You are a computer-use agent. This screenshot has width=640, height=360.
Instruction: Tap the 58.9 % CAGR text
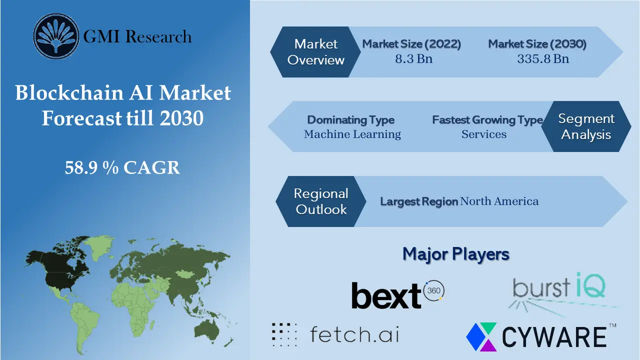pyautogui.click(x=122, y=168)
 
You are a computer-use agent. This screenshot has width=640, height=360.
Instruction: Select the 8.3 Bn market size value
pyautogui.click(x=413, y=59)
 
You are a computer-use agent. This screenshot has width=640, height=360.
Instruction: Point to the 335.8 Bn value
pyautogui.click(x=543, y=59)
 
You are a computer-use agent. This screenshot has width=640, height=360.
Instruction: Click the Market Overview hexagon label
pyautogui.click(x=316, y=52)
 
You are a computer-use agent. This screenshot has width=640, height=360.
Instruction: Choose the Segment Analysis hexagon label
pyautogui.click(x=586, y=126)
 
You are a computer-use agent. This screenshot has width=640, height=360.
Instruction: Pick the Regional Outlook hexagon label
pyautogui.click(x=321, y=201)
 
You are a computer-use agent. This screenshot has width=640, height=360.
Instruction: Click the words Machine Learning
pyautogui.click(x=352, y=134)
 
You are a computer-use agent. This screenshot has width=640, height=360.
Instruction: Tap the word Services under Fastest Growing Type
pyautogui.click(x=484, y=134)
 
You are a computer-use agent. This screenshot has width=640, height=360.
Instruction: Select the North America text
pyautogui.click(x=499, y=201)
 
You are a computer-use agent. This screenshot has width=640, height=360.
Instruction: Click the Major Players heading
pyautogui.click(x=456, y=254)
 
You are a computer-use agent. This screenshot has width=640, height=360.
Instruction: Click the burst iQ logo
pyautogui.click(x=559, y=287)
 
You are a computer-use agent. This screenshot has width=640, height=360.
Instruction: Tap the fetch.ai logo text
pyautogui.click(x=354, y=334)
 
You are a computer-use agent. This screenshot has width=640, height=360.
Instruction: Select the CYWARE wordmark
pyautogui.click(x=554, y=337)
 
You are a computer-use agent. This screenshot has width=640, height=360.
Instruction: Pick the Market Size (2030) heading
pyautogui.click(x=537, y=44)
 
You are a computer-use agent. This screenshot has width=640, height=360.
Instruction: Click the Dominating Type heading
pyautogui.click(x=351, y=120)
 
